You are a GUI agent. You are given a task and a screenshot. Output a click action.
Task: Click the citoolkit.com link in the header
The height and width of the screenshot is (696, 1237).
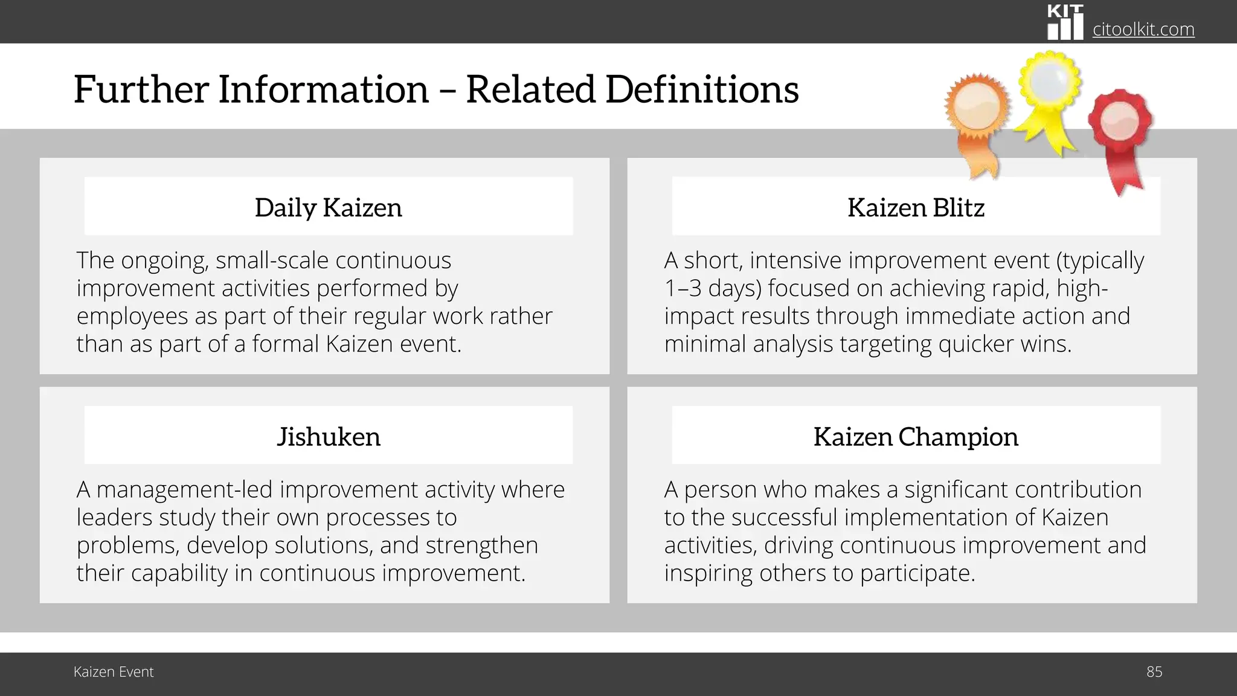point(1143,29)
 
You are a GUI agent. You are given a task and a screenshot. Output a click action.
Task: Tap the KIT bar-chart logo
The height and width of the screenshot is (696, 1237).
point(1065,23)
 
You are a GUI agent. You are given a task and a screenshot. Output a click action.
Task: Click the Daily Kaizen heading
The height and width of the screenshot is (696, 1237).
point(328,207)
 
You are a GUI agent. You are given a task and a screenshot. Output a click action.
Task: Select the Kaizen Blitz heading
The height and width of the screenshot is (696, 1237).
point(916,207)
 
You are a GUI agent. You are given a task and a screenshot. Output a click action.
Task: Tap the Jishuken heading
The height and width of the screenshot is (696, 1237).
point(329,436)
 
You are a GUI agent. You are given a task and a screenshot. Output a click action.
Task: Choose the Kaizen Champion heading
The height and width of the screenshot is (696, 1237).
point(916,436)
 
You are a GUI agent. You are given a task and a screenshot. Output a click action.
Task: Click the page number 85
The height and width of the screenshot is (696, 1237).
point(1154,672)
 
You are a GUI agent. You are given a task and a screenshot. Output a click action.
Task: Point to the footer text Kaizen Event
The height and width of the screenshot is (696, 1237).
point(114,672)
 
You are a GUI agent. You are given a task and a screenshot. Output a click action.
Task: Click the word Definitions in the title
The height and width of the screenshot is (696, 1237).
point(702,89)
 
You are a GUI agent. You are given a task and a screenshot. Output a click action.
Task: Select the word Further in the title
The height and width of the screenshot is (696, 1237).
point(141,89)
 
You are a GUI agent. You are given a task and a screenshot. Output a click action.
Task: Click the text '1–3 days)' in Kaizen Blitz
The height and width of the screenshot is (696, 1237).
point(713,288)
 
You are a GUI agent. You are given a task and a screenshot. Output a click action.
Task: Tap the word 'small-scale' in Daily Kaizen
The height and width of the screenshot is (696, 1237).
point(272,260)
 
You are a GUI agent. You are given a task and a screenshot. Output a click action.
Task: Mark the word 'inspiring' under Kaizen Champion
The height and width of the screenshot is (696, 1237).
point(708,573)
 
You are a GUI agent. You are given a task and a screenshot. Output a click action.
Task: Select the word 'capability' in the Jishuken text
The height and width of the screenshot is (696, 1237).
point(179,573)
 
